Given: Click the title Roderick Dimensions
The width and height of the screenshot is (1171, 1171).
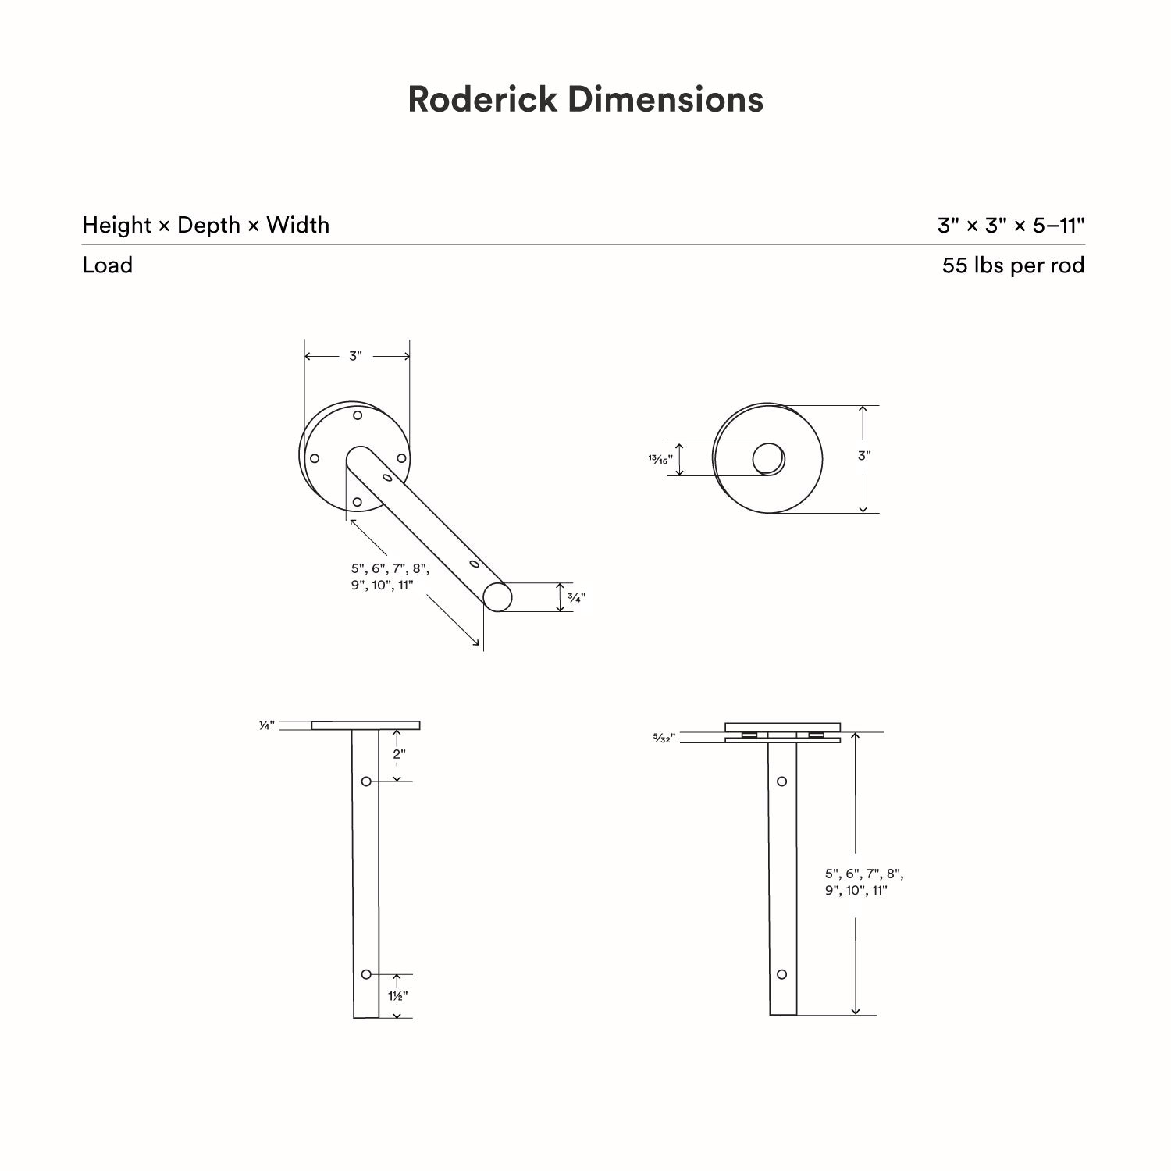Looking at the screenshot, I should [x=585, y=100].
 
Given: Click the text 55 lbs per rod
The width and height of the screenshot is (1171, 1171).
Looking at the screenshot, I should [x=1013, y=265].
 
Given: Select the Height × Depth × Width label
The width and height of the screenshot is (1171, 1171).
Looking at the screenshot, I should [x=205, y=225].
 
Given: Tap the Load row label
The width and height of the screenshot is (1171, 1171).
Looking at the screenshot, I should [x=107, y=265].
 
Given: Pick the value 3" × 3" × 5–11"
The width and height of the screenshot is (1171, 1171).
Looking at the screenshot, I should [x=1011, y=225].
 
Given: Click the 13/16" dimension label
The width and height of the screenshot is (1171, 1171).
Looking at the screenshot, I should [x=660, y=460].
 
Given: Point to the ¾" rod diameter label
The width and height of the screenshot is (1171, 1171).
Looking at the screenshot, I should [x=576, y=598].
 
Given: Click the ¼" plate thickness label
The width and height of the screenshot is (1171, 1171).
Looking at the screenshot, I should [x=267, y=726].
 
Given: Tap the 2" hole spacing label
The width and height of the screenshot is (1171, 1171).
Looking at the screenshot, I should [x=399, y=754].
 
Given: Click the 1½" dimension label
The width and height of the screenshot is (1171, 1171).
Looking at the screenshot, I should [x=398, y=996].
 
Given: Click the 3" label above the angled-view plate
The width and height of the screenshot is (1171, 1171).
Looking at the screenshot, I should [x=356, y=356].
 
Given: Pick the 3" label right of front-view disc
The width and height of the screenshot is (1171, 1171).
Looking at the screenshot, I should [x=864, y=456].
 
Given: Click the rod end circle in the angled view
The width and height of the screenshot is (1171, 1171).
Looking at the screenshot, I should [x=497, y=597].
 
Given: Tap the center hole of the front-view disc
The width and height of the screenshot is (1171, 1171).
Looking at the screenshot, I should [x=768, y=459].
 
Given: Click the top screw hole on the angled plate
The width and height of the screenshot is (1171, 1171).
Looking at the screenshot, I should [x=357, y=415].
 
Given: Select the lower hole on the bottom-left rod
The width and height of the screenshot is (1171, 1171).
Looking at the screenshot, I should [x=366, y=974].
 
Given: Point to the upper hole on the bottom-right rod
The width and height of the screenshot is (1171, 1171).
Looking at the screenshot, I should [x=781, y=781].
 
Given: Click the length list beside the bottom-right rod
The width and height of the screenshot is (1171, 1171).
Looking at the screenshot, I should [x=864, y=882].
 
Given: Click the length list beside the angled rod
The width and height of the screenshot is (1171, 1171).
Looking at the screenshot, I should [x=390, y=577].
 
